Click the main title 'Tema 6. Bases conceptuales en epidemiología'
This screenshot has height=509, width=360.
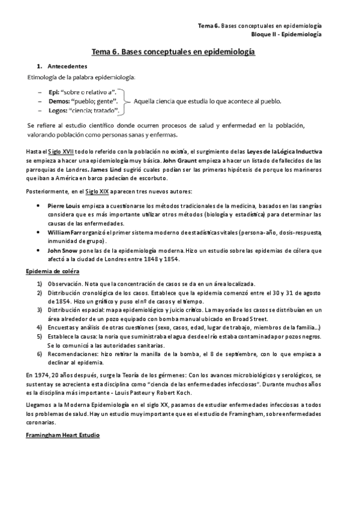point(173,52)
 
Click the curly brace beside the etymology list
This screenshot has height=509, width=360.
point(127,101)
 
